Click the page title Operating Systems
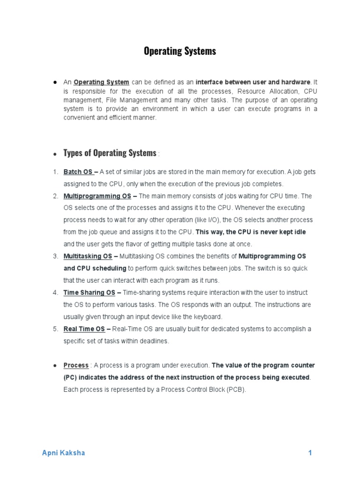tap(180, 51)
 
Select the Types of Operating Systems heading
tap(110, 153)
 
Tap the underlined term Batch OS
tap(78, 172)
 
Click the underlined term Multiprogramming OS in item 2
tap(97, 196)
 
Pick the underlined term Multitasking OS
tap(88, 256)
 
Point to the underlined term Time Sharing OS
tap(89, 292)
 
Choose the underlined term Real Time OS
tap(84, 329)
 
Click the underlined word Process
tap(76, 365)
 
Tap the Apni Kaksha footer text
tap(63, 453)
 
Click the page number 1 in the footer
tap(310, 453)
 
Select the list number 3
tap(55, 256)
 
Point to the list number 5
tap(55, 329)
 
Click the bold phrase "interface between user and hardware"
tap(253, 82)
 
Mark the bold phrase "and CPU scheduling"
tap(95, 269)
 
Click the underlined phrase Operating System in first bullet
tap(101, 82)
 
